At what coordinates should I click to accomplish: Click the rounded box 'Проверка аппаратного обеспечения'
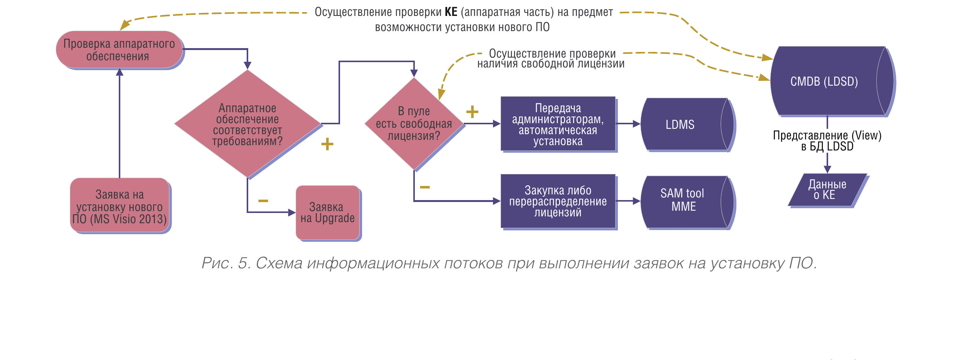pyautogui.click(x=119, y=50)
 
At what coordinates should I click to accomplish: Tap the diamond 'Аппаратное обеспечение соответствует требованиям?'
pyautogui.click(x=247, y=124)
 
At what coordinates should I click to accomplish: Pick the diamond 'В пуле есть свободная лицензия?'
pyautogui.click(x=414, y=124)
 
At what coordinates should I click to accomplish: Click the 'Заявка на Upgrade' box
pyautogui.click(x=328, y=213)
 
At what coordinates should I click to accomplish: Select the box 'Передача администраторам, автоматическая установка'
pyautogui.click(x=558, y=124)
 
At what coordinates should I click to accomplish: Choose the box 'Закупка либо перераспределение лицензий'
pyautogui.click(x=558, y=201)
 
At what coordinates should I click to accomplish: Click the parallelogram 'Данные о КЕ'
pyautogui.click(x=827, y=190)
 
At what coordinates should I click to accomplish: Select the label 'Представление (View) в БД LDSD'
pyautogui.click(x=827, y=141)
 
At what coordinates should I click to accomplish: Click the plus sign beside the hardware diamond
pyautogui.click(x=327, y=144)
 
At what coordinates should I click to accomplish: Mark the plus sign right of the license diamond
pyautogui.click(x=472, y=112)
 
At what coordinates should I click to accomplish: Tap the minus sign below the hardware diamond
pyautogui.click(x=263, y=200)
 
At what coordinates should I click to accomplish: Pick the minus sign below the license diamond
pyautogui.click(x=425, y=187)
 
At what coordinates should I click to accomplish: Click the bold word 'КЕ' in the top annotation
pyautogui.click(x=451, y=12)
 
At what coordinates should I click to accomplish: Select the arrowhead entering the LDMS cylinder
pyautogui.click(x=637, y=124)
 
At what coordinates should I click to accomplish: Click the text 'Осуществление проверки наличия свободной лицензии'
pyautogui.click(x=551, y=59)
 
